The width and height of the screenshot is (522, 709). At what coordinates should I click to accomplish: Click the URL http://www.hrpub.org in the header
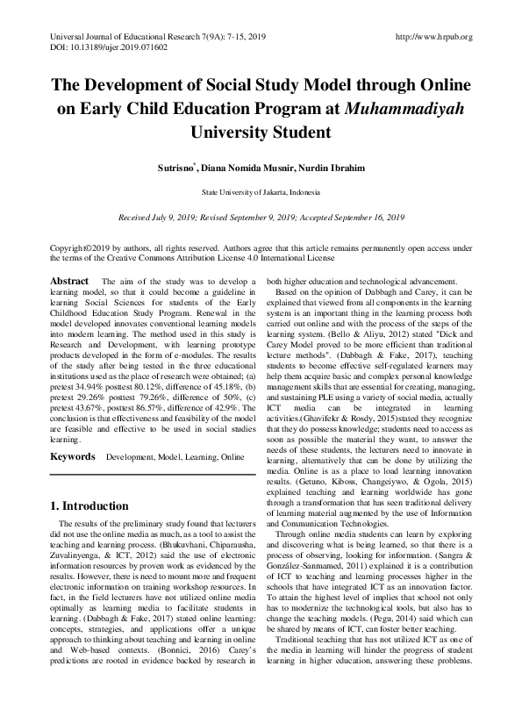click(434, 37)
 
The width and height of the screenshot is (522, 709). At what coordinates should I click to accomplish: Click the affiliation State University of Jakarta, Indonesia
click(261, 190)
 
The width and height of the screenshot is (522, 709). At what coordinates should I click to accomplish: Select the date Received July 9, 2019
click(167, 216)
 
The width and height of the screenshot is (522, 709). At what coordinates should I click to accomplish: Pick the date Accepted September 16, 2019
click(347, 216)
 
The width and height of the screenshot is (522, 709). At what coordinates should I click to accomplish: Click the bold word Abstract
click(69, 281)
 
